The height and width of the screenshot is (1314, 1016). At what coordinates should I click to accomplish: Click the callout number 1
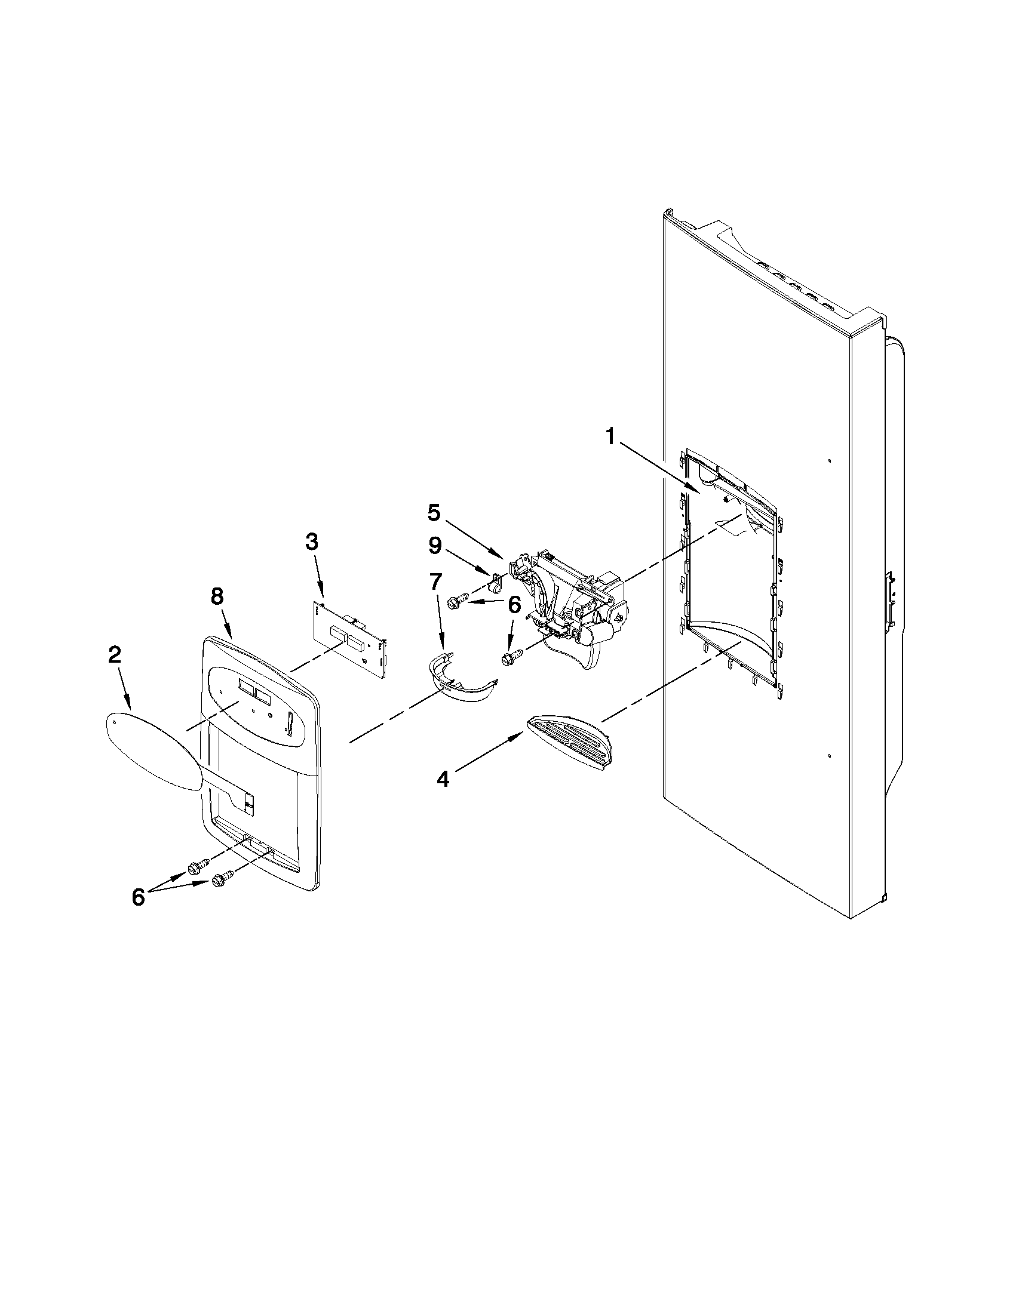[610, 437]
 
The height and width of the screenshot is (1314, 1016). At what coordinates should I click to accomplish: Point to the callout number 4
[443, 779]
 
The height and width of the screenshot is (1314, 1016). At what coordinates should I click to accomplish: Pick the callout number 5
[434, 513]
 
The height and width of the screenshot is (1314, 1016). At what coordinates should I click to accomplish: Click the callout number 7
[435, 583]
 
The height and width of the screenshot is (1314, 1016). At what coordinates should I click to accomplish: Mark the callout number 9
[435, 546]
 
